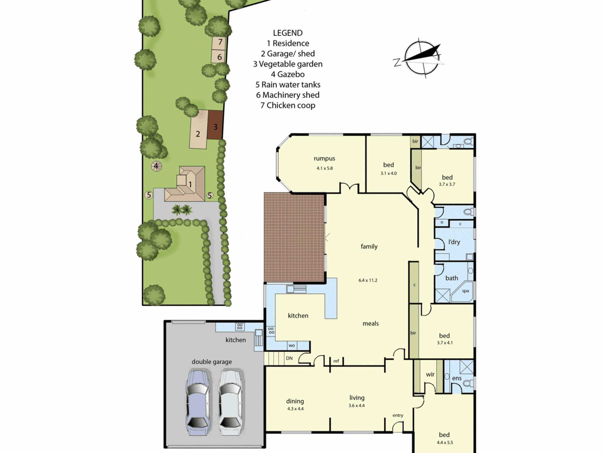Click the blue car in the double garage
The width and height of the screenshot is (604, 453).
point(198,402)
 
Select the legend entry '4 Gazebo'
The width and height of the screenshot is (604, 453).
point(288,74)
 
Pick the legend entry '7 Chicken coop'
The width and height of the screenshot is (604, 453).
point(288,105)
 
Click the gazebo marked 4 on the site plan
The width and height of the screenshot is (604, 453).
point(156,166)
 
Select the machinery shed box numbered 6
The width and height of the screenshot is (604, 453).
point(218,56)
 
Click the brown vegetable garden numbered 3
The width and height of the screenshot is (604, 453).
point(215,125)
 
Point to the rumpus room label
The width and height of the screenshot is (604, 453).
point(324,159)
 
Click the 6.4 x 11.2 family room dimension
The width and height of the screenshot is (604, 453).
point(368,280)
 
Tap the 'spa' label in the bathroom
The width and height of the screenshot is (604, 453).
point(465,291)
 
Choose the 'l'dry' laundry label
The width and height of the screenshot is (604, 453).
point(454,242)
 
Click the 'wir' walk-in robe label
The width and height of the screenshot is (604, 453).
point(430,374)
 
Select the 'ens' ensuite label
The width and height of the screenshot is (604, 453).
point(457,378)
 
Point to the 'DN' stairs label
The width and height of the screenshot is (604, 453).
point(289,358)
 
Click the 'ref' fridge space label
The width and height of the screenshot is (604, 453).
point(336,361)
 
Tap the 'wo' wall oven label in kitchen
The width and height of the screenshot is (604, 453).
point(291,345)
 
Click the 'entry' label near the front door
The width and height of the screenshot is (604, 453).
point(398,415)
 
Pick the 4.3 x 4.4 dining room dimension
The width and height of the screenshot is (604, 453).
point(295,409)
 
